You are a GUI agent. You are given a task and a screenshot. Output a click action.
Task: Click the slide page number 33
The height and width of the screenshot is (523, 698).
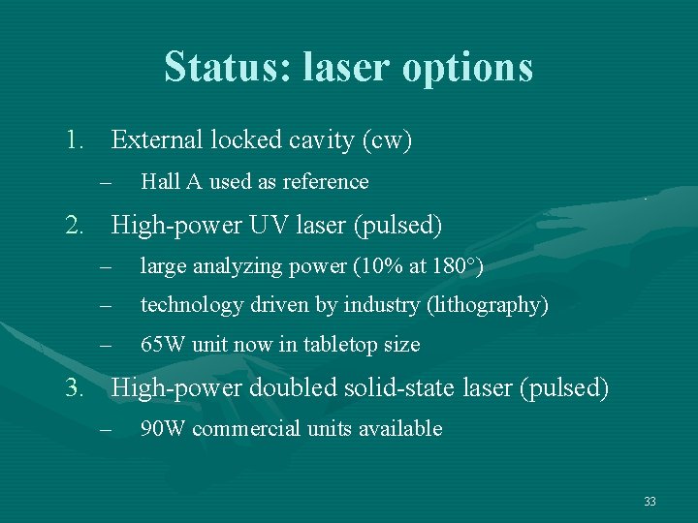(x=650, y=502)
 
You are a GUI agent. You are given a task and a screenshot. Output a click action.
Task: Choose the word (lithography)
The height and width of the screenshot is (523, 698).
(x=488, y=306)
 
